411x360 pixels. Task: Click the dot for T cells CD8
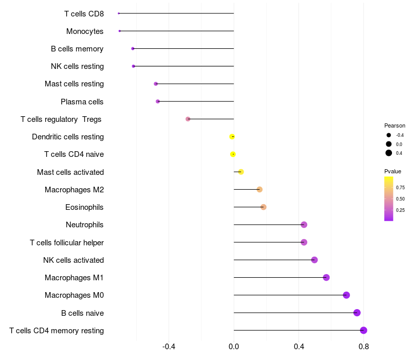pos(119,13)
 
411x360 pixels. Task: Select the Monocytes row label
pos(85,31)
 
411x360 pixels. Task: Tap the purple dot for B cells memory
pos(133,48)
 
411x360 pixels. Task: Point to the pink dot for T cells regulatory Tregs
pos(188,119)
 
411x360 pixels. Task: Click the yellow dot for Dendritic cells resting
pos(232,137)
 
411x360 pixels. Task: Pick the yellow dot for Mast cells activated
pos(241,172)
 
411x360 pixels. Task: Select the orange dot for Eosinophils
pos(264,207)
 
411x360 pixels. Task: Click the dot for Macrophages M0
pos(346,295)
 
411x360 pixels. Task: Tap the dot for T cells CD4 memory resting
pos(364,330)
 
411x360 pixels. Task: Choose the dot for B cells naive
pos(357,313)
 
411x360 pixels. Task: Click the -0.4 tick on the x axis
pos(169,347)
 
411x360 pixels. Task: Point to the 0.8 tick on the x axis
pos(364,347)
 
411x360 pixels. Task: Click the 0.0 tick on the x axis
pos(234,347)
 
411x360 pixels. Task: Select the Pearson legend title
pos(395,125)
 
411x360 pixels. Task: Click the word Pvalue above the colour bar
pos(393,171)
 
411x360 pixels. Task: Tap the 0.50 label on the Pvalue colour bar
pos(400,199)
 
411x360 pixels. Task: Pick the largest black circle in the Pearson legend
pos(389,153)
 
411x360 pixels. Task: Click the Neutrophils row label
pos(84,225)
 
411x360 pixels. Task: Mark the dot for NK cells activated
pos(314,260)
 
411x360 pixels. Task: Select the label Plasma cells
pos(82,102)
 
